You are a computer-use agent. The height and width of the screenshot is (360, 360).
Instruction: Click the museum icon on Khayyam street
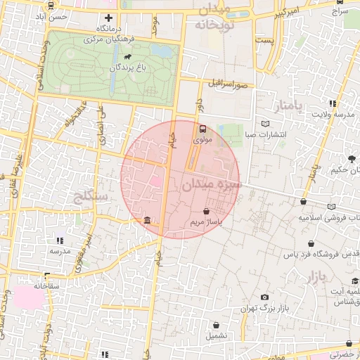[x=146, y=221]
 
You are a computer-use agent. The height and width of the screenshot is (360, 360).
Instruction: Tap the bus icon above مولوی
[x=202, y=129]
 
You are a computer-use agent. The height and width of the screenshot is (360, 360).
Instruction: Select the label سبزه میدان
[x=212, y=185]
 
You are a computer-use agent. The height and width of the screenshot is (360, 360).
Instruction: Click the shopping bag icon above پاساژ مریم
[x=206, y=211]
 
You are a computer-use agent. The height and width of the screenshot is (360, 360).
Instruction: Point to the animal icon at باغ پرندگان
[x=128, y=57]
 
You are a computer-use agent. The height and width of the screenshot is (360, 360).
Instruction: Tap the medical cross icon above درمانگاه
[x=108, y=18]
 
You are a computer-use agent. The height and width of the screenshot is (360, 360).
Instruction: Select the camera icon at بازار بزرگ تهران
[x=264, y=297]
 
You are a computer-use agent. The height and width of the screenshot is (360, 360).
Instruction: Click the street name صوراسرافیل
[x=229, y=84]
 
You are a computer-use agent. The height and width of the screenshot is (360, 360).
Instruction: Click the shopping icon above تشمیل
[x=217, y=325]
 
